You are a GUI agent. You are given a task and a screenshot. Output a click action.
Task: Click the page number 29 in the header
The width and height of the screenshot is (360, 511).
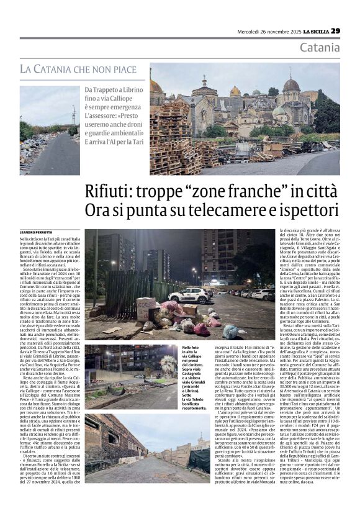click(335, 31)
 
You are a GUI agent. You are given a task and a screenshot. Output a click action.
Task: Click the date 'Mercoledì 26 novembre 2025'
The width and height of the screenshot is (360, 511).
click(264, 32)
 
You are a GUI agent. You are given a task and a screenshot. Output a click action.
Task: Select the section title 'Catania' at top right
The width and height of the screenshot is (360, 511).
click(320, 48)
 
